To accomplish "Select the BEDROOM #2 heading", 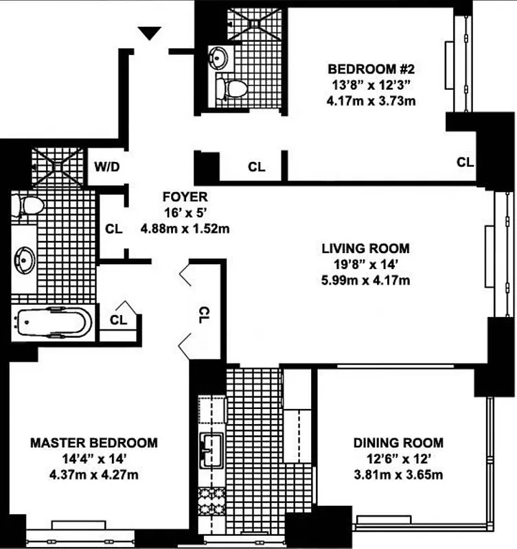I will pos(371,69).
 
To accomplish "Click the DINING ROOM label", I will pos(398,443).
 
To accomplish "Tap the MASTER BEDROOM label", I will pos(93,443).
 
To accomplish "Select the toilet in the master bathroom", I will pos(28,205).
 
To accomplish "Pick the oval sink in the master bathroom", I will pos(25,260).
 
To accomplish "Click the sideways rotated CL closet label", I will pos(204,315).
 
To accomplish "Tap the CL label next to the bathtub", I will pos(118,320).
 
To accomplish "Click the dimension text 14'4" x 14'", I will pos(93,459).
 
